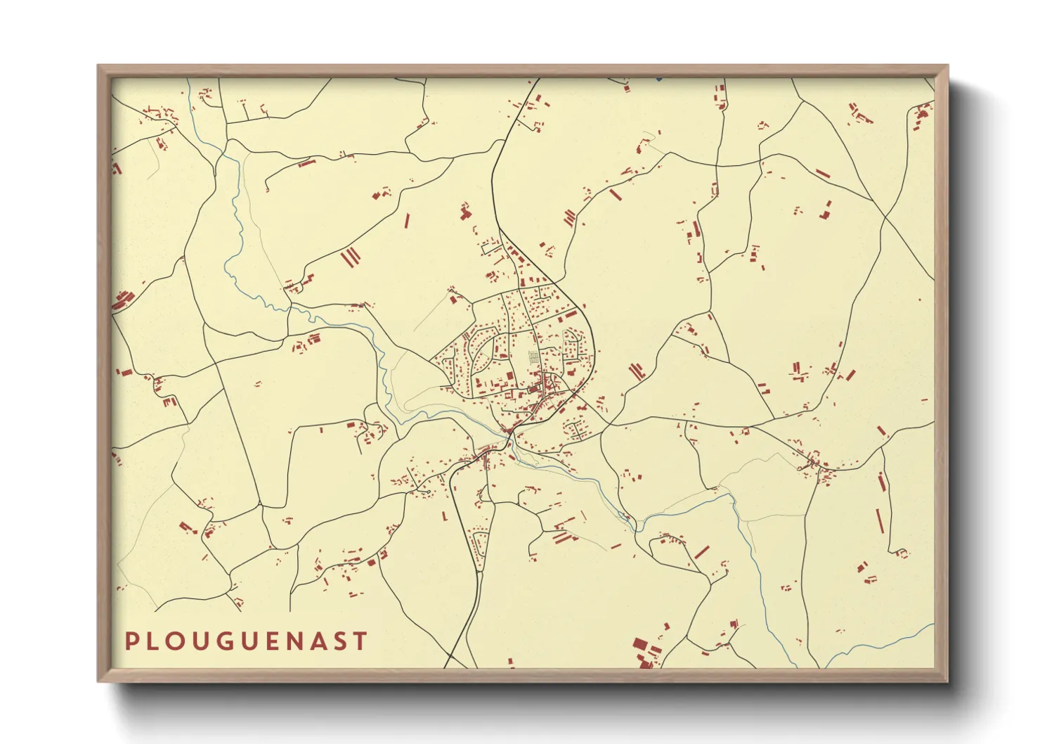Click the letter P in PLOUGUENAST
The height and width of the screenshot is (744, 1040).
tap(131, 641)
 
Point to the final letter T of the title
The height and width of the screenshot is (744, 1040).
tap(360, 641)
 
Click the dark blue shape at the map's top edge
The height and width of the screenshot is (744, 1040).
tap(658, 79)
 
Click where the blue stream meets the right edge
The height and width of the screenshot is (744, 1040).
tap(932, 625)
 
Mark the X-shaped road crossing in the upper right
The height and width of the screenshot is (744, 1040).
tap(887, 214)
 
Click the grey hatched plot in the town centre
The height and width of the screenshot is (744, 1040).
tap(534, 357)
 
